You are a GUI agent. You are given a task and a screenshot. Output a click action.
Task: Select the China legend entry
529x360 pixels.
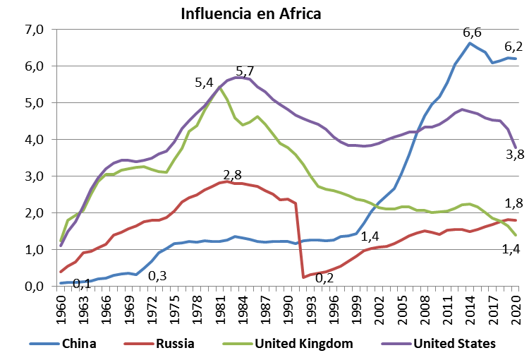point(78,344)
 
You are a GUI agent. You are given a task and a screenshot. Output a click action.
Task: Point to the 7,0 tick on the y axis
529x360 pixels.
point(33,30)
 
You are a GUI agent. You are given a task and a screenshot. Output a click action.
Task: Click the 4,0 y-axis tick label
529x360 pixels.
point(33,140)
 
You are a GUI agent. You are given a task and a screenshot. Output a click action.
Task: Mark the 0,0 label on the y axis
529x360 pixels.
point(33,287)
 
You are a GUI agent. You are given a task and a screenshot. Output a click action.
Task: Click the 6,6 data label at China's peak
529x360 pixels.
point(472,32)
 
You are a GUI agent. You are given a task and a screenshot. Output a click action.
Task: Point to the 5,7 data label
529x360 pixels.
point(245,71)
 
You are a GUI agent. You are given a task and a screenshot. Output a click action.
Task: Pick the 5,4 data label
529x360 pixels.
point(205,83)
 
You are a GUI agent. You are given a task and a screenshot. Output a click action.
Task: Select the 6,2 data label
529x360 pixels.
point(513,47)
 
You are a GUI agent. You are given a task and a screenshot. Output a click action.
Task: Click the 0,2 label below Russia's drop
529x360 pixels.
point(324,277)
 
